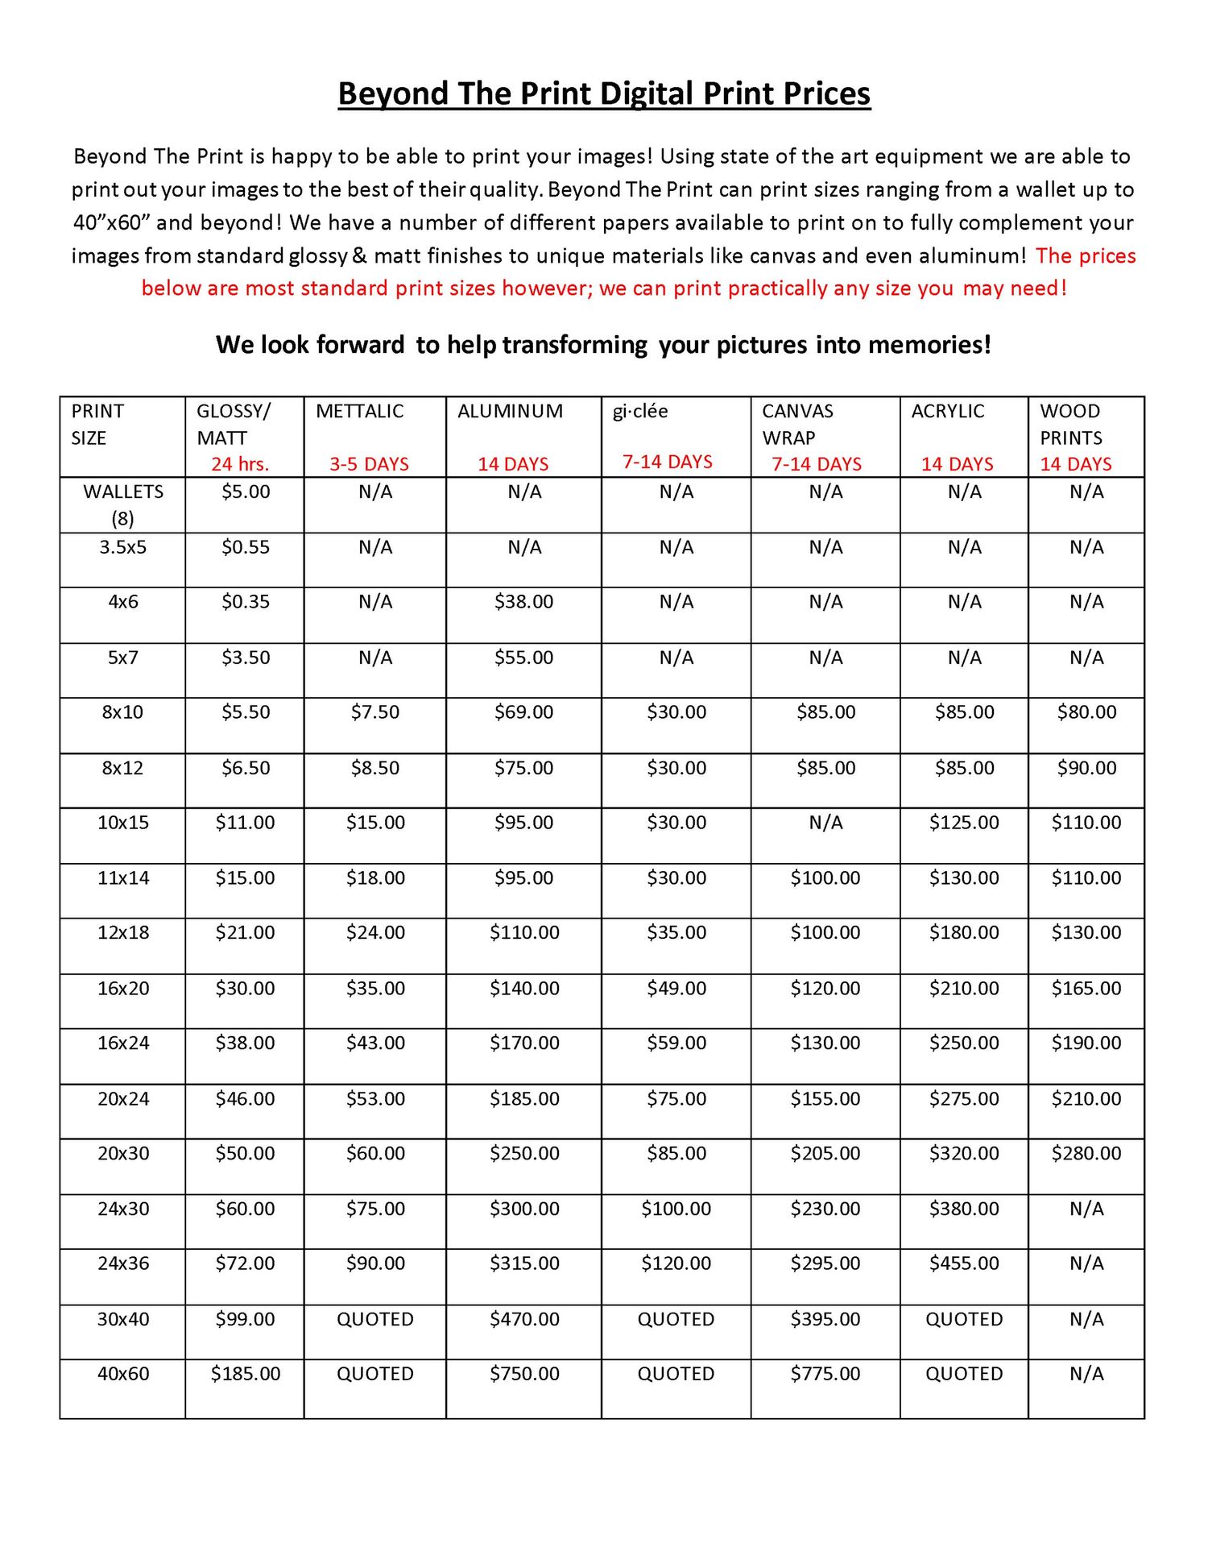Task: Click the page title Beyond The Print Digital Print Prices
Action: pyautogui.click(x=604, y=93)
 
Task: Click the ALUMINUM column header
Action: pyautogui.click(x=510, y=411)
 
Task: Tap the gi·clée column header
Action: pyautogui.click(x=640, y=411)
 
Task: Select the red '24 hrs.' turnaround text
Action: pyautogui.click(x=240, y=464)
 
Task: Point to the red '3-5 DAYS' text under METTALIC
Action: pyautogui.click(x=369, y=464)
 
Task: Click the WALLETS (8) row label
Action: pyautogui.click(x=123, y=504)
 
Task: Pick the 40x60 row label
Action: pyautogui.click(x=123, y=1374)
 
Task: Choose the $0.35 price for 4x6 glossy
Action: pyautogui.click(x=246, y=602)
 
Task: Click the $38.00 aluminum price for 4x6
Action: pyautogui.click(x=523, y=602)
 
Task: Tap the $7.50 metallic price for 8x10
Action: pyautogui.click(x=375, y=712)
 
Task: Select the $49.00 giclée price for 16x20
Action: pyautogui.click(x=676, y=989)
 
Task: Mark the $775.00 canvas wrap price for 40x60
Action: pyautogui.click(x=825, y=1374)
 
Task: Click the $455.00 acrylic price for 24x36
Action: pyautogui.click(x=964, y=1263)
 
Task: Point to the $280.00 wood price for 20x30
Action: pyautogui.click(x=1086, y=1154)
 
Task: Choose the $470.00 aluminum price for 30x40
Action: pyautogui.click(x=524, y=1319)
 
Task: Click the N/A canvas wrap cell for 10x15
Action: pyautogui.click(x=825, y=823)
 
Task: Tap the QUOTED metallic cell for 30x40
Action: pyautogui.click(x=375, y=1319)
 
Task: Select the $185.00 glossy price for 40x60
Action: pyautogui.click(x=246, y=1374)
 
